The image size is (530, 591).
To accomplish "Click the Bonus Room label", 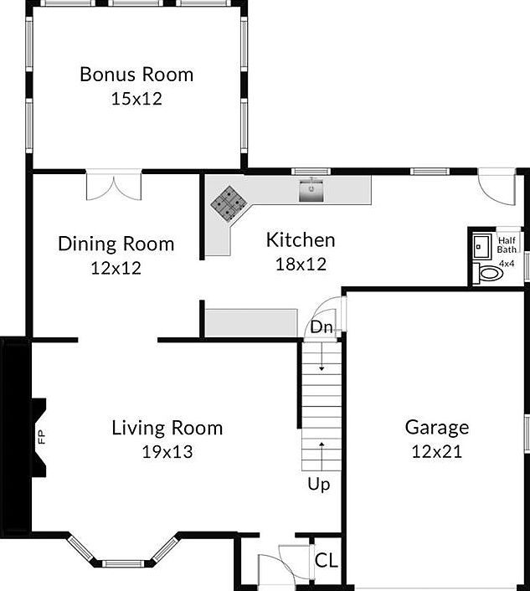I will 136,74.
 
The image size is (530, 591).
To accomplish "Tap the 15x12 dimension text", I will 136,98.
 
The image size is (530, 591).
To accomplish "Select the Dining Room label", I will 116,244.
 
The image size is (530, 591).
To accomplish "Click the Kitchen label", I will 301,240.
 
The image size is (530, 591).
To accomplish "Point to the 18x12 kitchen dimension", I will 301,264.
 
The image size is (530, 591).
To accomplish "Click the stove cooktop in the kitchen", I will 228,203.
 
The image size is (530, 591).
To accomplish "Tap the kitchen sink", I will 312,191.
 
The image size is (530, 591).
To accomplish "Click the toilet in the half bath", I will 488,273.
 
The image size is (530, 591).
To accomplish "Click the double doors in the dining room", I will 115,186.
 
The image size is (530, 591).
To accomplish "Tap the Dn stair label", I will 322,327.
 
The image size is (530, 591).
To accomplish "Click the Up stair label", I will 318,485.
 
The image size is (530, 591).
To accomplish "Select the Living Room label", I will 167,428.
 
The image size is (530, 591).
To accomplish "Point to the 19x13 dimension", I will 167,452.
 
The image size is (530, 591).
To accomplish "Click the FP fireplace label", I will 39,436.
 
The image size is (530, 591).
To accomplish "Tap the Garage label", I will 437,427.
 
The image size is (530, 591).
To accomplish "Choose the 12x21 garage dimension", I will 437,451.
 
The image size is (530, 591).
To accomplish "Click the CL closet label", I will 327,560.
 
